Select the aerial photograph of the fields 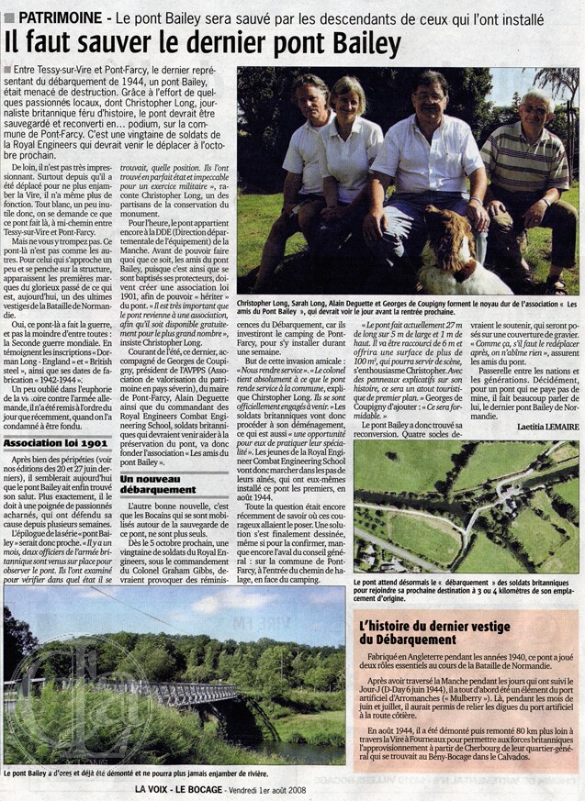tap(466, 506)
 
